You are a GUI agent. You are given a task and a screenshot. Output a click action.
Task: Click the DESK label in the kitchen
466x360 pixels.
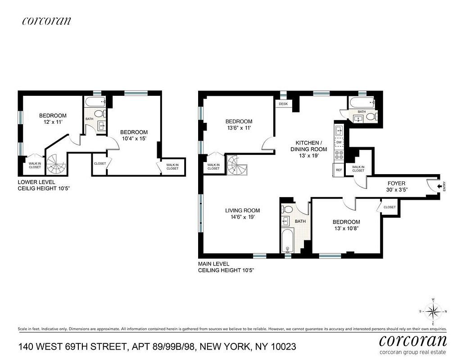pos(283,104)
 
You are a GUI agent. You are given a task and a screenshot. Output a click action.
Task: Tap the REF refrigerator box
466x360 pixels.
pos(339,170)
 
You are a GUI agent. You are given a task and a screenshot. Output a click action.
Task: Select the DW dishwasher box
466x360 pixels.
pos(339,142)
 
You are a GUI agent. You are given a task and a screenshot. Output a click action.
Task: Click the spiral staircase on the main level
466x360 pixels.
pos(237,166)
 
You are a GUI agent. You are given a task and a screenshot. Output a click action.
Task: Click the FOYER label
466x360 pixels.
pos(396,183)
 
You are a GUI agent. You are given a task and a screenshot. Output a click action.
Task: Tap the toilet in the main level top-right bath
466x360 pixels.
pos(371,117)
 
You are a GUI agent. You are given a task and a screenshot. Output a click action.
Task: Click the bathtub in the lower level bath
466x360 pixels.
pos(95,101)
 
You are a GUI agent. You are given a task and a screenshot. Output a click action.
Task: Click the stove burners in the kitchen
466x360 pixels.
pos(339,156)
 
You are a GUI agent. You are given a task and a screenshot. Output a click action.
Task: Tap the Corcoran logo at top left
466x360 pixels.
pos(46,21)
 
